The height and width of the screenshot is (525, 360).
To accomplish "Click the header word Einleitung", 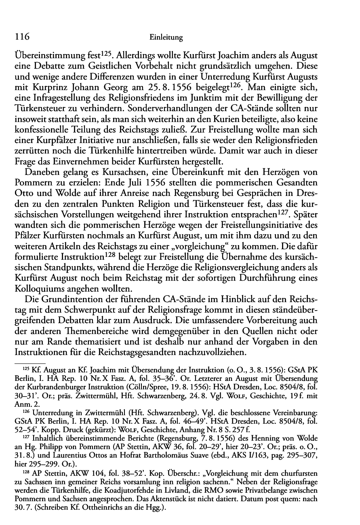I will pos(166,38).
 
